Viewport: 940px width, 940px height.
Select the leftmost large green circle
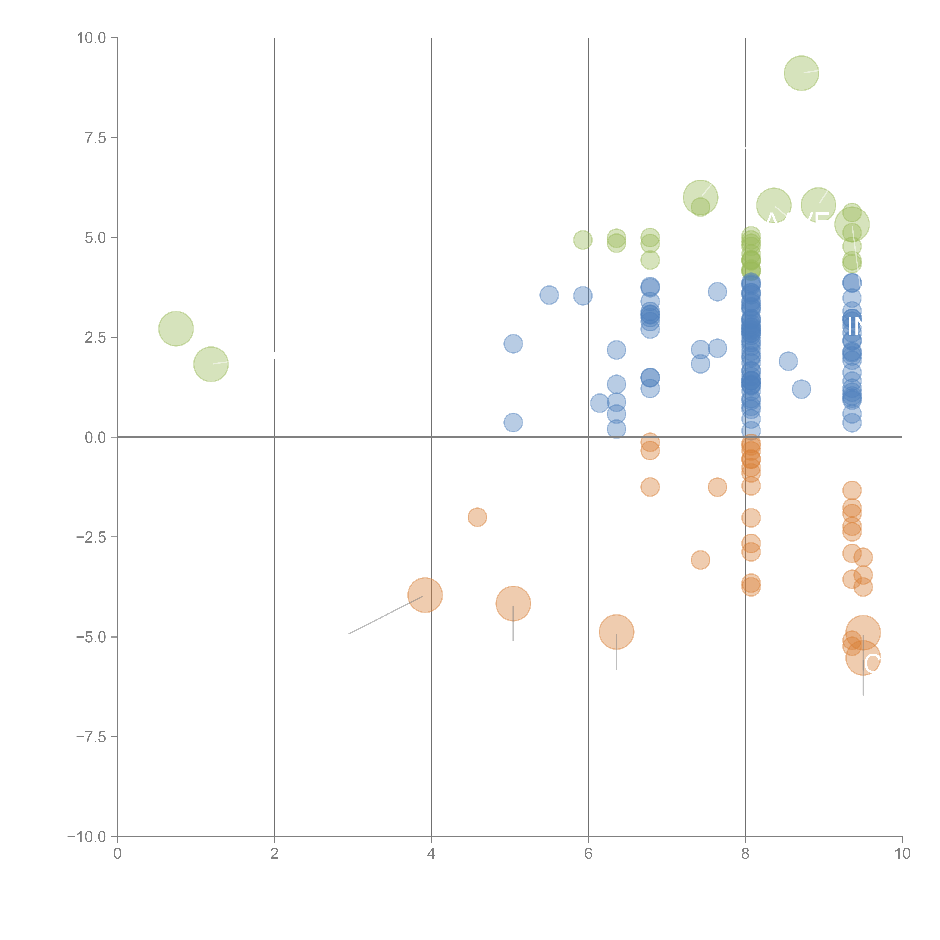(176, 329)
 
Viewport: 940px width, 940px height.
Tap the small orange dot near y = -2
(477, 517)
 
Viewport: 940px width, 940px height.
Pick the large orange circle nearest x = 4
(425, 595)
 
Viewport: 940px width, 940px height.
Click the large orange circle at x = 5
(513, 604)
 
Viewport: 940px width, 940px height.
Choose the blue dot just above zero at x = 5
(513, 422)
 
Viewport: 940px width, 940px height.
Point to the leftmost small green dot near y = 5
(583, 240)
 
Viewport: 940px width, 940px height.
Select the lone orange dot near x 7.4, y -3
(700, 560)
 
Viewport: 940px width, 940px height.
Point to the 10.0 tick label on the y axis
(92, 38)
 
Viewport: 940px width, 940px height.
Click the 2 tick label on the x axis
(274, 854)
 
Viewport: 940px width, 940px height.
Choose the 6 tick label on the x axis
(588, 854)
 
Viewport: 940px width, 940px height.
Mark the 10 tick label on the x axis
(902, 854)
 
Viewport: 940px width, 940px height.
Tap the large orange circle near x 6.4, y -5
(616, 632)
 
